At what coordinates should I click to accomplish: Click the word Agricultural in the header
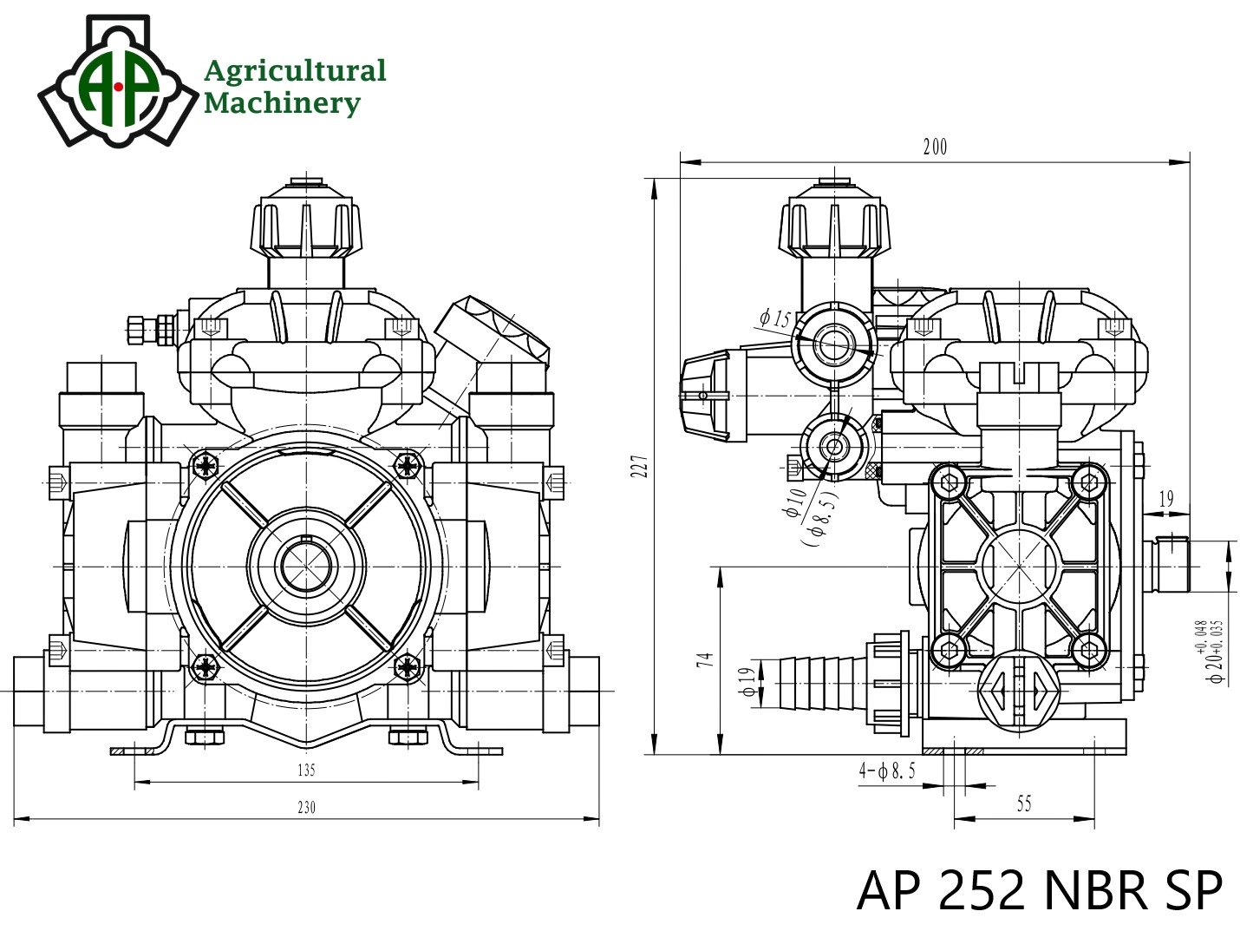[x=294, y=70]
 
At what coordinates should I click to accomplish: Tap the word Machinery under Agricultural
[x=281, y=103]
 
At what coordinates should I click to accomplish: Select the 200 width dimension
[x=935, y=148]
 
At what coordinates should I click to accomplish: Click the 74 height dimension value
[x=705, y=659]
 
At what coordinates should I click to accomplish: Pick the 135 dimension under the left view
[x=306, y=770]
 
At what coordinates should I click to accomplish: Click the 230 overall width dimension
[x=306, y=807]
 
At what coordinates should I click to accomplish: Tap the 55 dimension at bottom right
[x=1023, y=804]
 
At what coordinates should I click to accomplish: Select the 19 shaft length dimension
[x=1165, y=498]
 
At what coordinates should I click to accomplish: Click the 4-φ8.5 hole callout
[x=887, y=770]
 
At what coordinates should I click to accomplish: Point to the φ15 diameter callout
[x=775, y=319]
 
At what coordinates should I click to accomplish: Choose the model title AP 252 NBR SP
[x=1039, y=889]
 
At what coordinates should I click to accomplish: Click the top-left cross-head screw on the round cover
[x=206, y=466]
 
